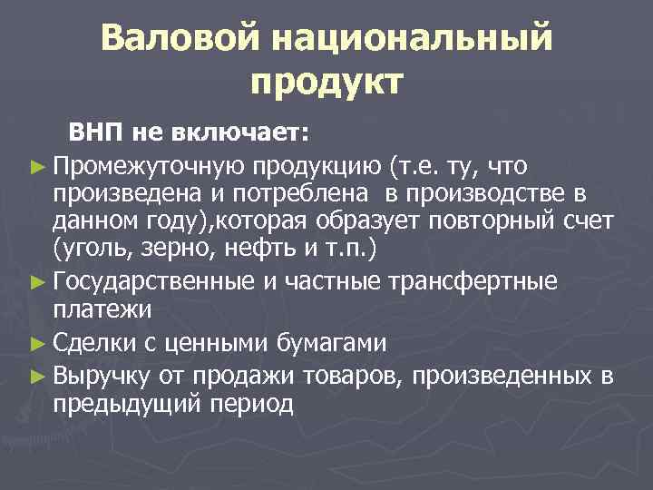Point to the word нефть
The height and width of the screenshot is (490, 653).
tap(255, 247)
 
